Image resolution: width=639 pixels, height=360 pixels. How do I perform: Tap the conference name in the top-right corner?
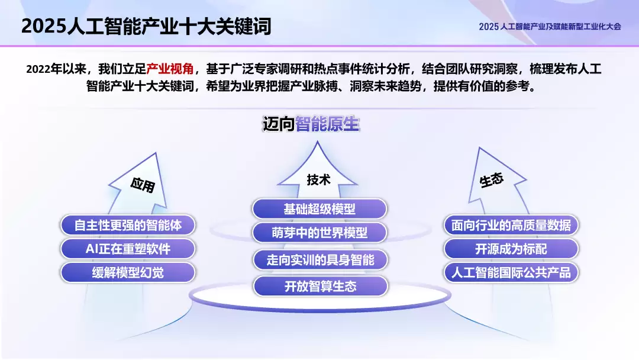click(550, 27)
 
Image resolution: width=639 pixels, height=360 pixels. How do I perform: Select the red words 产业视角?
click(170, 69)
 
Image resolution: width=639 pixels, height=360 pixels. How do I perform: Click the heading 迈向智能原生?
click(311, 124)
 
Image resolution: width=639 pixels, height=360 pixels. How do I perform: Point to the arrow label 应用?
click(143, 185)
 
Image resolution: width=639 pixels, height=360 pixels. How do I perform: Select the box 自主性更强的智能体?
click(128, 225)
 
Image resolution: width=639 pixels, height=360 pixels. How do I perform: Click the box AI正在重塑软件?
click(128, 249)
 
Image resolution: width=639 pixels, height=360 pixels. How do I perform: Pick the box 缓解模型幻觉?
click(128, 272)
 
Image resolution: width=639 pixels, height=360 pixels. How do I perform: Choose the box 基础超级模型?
click(319, 209)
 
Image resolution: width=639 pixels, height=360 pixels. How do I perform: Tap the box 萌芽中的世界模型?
click(319, 233)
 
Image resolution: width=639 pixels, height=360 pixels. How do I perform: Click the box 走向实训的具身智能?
click(319, 260)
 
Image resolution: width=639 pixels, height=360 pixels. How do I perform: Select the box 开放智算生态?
click(319, 287)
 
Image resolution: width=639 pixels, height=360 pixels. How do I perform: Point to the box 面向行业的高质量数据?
click(511, 225)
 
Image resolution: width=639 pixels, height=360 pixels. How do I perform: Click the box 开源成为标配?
click(511, 249)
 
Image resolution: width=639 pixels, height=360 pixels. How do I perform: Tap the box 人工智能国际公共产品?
click(511, 273)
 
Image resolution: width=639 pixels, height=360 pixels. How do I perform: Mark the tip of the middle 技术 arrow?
click(318, 142)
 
